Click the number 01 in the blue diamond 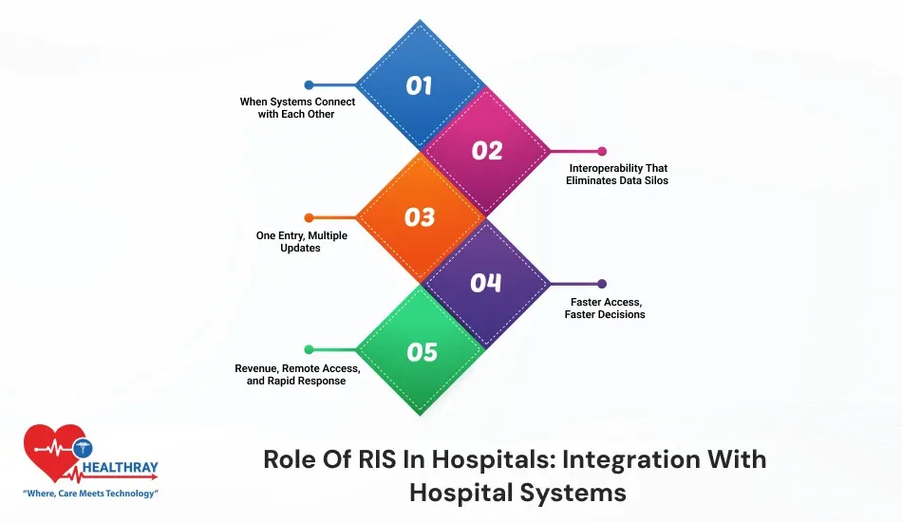click(419, 85)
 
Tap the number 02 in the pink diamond click(486, 151)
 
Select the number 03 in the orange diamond click(419, 217)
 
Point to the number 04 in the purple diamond click(486, 283)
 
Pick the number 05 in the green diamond click(422, 352)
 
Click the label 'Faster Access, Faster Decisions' click(608, 308)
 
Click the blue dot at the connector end click(309, 84)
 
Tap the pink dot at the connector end click(602, 151)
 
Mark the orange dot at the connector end click(309, 217)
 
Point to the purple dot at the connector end click(602, 283)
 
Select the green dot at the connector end click(309, 349)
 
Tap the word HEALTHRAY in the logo click(120, 468)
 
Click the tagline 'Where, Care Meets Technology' click(90, 494)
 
